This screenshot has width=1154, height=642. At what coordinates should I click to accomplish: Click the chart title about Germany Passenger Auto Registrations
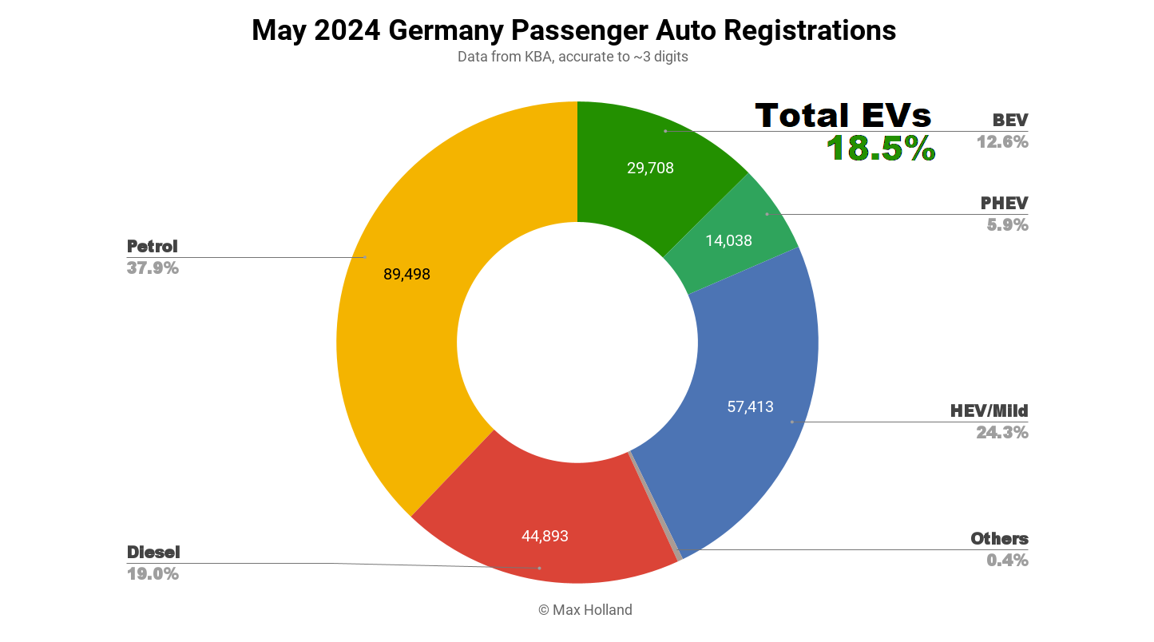click(573, 30)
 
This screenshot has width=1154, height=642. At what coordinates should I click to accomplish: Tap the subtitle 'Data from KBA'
click(573, 57)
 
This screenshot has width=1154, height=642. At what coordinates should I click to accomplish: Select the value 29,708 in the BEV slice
click(650, 168)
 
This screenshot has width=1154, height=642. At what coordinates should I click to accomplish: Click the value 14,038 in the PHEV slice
click(728, 240)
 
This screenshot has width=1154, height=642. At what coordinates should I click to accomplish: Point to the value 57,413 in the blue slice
click(750, 406)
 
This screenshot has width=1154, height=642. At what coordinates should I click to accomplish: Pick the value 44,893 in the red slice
click(545, 536)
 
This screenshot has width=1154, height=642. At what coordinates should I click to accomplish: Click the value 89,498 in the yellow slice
click(406, 274)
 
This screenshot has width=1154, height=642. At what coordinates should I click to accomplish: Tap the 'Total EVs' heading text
click(843, 116)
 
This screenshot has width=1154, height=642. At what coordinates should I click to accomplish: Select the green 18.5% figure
click(880, 149)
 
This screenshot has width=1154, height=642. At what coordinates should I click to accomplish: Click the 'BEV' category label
click(1009, 120)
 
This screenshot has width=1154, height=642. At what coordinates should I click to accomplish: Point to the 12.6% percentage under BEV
click(1001, 141)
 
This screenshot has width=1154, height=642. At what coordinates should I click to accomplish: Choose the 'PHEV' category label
click(1004, 203)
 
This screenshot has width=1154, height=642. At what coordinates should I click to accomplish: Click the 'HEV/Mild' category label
click(989, 410)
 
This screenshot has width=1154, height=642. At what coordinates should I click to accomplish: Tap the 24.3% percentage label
click(1001, 432)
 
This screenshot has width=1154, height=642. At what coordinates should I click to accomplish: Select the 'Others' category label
click(999, 538)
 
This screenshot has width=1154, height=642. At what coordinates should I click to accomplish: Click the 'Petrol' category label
click(152, 246)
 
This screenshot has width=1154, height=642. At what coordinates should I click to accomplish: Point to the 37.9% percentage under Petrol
click(153, 267)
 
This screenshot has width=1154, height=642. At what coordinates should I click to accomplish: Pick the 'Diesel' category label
click(153, 552)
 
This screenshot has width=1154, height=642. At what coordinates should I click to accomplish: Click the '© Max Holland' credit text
click(585, 609)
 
